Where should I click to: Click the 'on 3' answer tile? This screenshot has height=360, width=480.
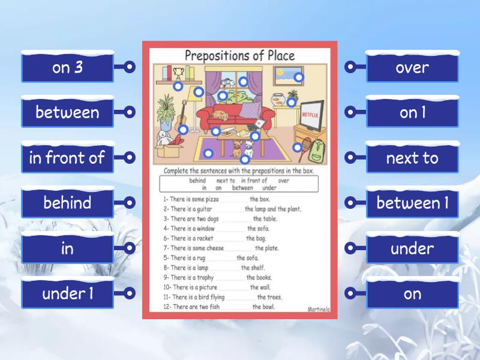pos(67,67)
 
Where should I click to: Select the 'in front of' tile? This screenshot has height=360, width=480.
pos(67,158)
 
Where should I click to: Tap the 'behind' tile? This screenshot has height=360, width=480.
pos(67,203)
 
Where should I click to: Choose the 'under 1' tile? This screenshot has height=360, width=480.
pos(67,293)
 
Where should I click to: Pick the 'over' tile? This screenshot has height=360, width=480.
pos(412,67)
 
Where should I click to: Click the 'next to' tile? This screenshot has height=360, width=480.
pos(412,158)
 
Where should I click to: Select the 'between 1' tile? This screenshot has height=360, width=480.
pos(412,203)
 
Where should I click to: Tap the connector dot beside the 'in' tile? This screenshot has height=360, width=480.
pos(129,248)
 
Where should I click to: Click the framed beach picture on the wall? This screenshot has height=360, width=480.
pos(289,76)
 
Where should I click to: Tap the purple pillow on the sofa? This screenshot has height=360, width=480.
pos(251,110)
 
